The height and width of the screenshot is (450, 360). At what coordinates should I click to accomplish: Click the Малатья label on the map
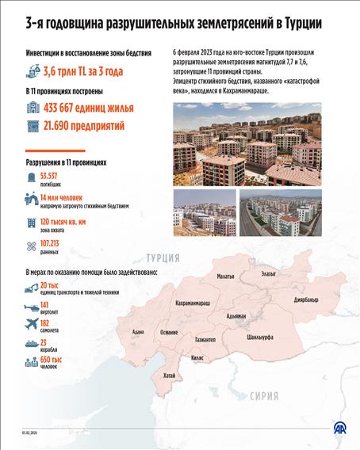pyautogui.click(x=225, y=276)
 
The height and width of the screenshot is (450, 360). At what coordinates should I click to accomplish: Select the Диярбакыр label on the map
pyautogui.click(x=305, y=299)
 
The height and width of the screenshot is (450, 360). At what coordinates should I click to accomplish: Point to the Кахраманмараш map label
pyautogui.click(x=193, y=303)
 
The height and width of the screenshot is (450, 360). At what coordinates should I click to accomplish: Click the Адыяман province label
pyautogui.click(x=236, y=315)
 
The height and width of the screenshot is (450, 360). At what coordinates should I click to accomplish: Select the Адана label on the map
pyautogui.click(x=139, y=332)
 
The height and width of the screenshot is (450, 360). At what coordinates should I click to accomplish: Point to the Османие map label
pyautogui.click(x=169, y=332)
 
